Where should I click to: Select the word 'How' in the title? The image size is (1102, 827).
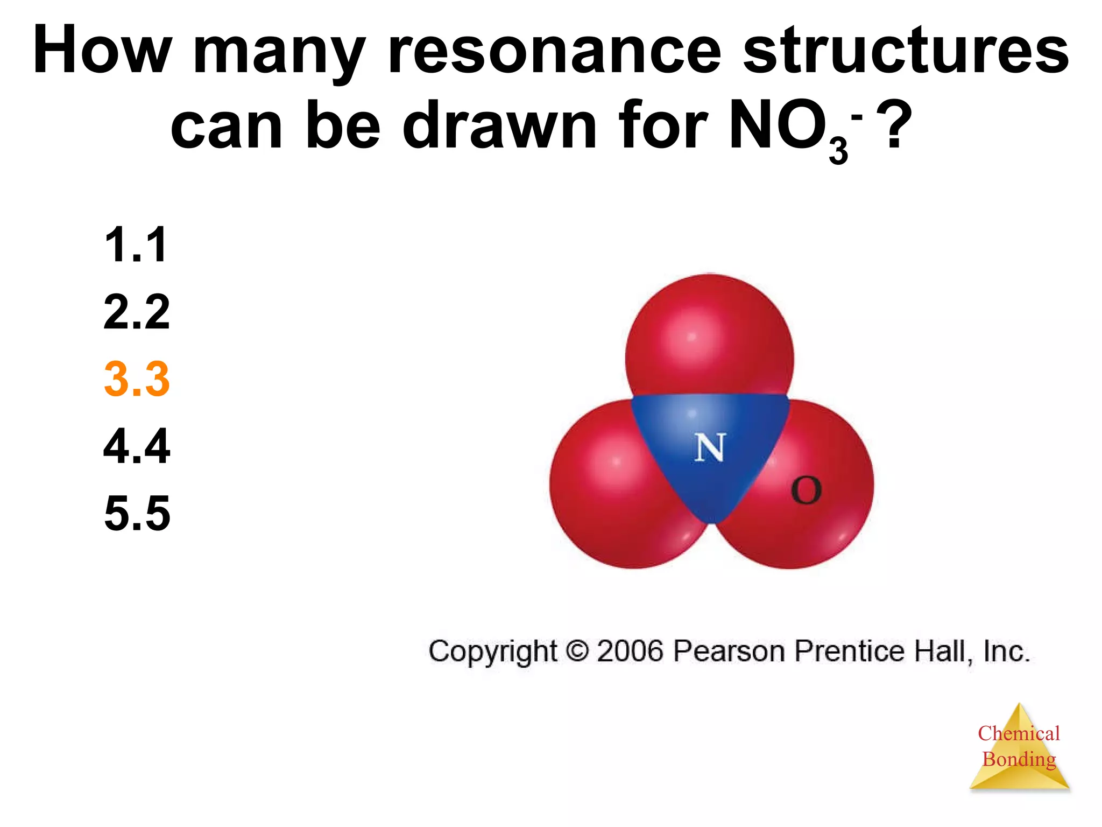102,51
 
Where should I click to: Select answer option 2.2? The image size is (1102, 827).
137,312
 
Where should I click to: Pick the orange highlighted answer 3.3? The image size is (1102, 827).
137,379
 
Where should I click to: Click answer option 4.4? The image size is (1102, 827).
137,446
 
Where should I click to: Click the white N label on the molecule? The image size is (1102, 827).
710,448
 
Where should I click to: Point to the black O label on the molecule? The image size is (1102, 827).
806,490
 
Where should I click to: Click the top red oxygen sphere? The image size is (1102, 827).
709,334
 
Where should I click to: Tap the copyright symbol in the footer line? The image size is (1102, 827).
577,651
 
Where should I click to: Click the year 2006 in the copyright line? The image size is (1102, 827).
630,651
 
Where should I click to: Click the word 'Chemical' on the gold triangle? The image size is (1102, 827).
1019,733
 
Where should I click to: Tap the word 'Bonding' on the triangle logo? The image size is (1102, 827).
1019,759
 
